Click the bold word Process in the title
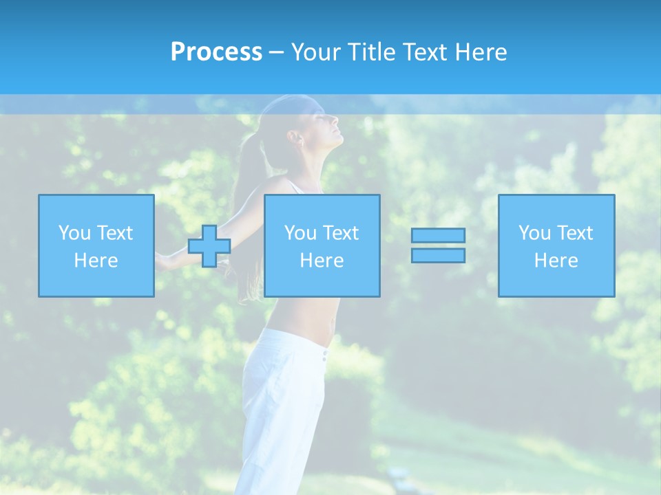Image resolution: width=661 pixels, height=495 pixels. (x=216, y=52)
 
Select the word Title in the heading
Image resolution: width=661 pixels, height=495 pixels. (x=370, y=52)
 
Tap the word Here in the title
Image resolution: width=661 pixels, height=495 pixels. (x=482, y=52)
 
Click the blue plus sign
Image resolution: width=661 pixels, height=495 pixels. (x=209, y=246)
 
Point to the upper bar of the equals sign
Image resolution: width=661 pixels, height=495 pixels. (x=438, y=235)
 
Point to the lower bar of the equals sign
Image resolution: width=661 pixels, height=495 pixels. (x=438, y=255)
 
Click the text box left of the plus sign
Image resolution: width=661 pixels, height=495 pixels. (x=96, y=245)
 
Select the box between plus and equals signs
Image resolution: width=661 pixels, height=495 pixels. (x=322, y=245)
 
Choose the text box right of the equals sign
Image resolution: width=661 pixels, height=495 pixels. (x=556, y=245)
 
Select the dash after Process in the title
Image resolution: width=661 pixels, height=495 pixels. (x=277, y=52)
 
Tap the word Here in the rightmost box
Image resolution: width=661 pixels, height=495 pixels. (x=556, y=261)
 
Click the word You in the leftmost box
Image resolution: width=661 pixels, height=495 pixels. (x=74, y=233)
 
